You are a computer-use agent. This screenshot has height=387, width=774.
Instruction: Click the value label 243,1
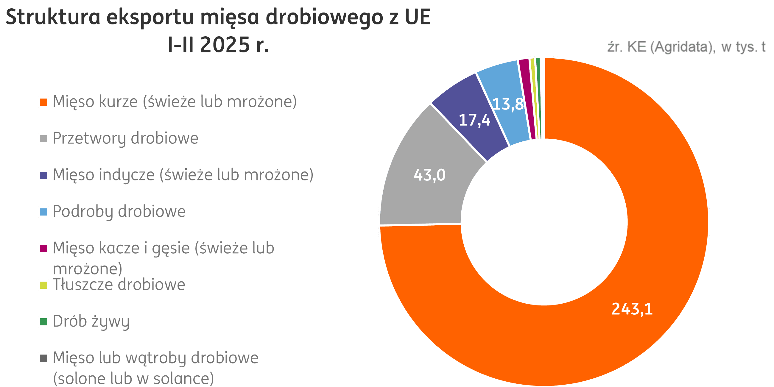click(x=632, y=309)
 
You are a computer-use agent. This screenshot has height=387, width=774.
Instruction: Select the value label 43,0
click(x=429, y=175)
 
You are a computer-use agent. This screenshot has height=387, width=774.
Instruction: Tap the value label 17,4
click(x=474, y=120)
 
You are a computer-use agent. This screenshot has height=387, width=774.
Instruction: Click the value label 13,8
click(x=508, y=104)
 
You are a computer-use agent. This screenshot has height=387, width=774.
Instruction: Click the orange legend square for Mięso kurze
click(x=43, y=102)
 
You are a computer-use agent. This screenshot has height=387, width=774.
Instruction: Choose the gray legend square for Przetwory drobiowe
click(x=43, y=139)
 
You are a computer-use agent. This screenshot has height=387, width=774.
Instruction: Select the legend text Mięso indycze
click(x=183, y=175)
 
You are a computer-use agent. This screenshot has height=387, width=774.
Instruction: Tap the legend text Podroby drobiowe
click(x=119, y=212)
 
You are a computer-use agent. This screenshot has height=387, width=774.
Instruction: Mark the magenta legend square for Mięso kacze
click(x=43, y=249)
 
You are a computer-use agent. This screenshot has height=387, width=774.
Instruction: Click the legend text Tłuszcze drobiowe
click(x=119, y=285)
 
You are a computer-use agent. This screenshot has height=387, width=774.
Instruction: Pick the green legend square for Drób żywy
click(x=43, y=322)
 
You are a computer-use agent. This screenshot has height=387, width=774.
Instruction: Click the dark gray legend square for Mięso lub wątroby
click(x=43, y=358)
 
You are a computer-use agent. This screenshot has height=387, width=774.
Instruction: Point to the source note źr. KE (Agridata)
click(x=686, y=47)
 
